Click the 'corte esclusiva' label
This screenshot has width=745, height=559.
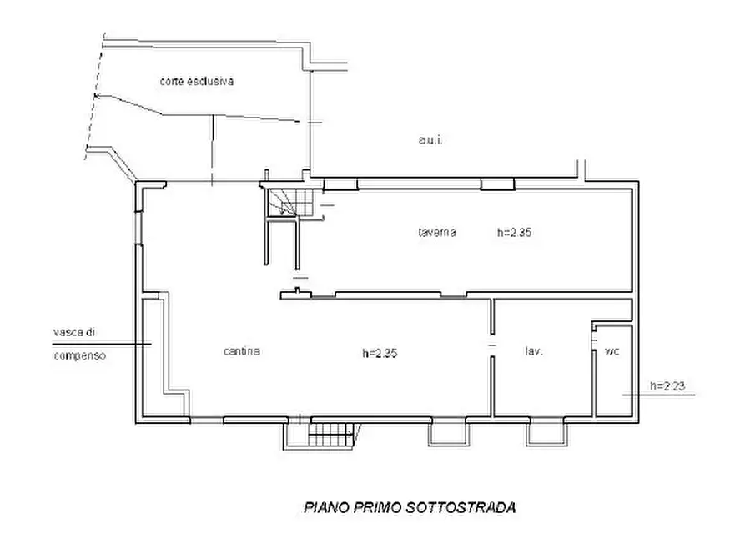(197, 82)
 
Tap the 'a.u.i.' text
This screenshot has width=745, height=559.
(430, 141)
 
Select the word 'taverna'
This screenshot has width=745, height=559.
(437, 233)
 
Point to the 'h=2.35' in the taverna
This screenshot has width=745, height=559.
(514, 233)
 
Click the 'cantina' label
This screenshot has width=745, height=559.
(242, 351)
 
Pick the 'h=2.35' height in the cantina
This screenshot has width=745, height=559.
(380, 353)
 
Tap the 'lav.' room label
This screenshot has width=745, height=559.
(534, 352)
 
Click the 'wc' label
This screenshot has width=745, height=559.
(612, 351)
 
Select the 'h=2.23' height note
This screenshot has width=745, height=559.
(667, 385)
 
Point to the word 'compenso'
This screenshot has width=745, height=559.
(79, 355)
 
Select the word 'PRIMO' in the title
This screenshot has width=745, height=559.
(380, 506)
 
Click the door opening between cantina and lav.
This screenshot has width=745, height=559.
(491, 345)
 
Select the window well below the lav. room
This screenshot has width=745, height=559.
(546, 433)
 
